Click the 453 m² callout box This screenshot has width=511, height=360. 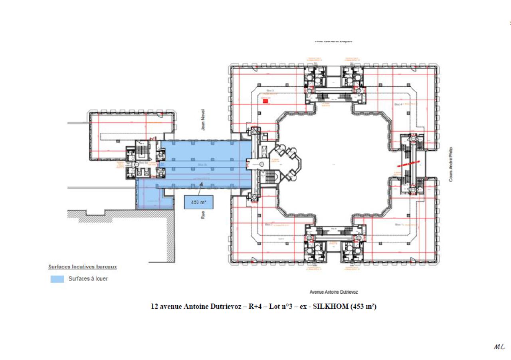pyautogui.click(x=198, y=202)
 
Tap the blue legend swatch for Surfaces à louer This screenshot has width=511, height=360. pyautogui.click(x=57, y=279)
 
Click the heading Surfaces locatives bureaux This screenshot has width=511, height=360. pyautogui.click(x=82, y=267)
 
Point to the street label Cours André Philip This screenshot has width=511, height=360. pyautogui.click(x=451, y=165)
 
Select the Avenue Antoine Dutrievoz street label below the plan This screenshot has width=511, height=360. pyautogui.click(x=333, y=292)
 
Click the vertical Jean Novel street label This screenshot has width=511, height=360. pyautogui.click(x=203, y=119)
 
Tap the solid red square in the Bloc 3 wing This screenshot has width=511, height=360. pyautogui.click(x=265, y=101)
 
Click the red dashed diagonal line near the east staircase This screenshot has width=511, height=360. pyautogui.click(x=409, y=164)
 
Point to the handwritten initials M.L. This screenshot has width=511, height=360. pyautogui.click(x=499, y=347)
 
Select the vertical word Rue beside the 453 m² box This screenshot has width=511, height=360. pyautogui.click(x=203, y=215)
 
